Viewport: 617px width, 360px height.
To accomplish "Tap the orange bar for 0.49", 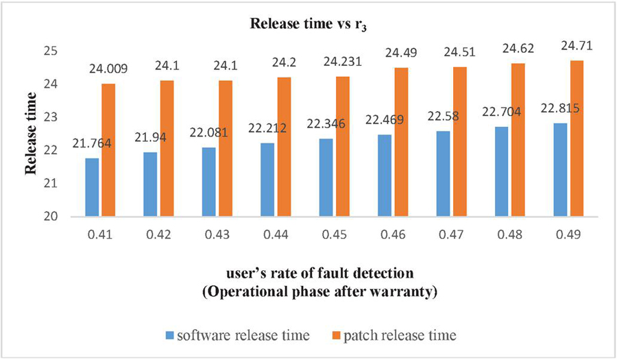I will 577,139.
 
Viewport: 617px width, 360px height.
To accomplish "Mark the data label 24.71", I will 577,45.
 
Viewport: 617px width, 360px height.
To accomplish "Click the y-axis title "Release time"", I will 31,134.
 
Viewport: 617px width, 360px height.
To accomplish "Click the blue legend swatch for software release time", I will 170,336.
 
